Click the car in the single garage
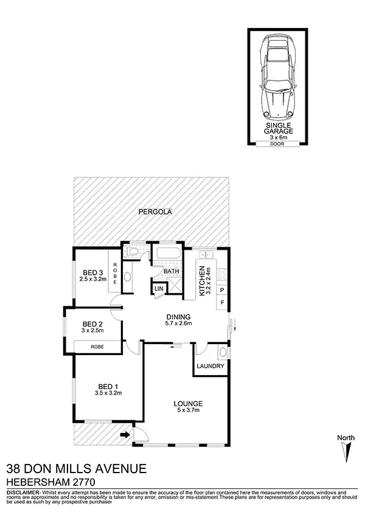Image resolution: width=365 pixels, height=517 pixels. pyautogui.click(x=277, y=77)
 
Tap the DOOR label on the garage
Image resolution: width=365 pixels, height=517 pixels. pyautogui.click(x=278, y=144)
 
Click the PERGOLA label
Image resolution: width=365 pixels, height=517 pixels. pyautogui.click(x=153, y=212)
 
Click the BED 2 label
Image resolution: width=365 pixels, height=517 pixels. pyautogui.click(x=92, y=323)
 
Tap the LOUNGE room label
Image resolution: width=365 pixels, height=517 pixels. pyautogui.click(x=188, y=404)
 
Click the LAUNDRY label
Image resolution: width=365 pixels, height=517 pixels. pyautogui.click(x=211, y=367)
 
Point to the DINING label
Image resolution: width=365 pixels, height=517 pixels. pyautogui.click(x=179, y=317)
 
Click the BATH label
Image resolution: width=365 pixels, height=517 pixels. pyautogui.click(x=170, y=272)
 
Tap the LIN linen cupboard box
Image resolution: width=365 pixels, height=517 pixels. pyautogui.click(x=159, y=289)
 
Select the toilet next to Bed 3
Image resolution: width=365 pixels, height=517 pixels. pyautogui.click(x=132, y=251)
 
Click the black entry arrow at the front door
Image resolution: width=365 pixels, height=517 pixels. pyautogui.click(x=125, y=434)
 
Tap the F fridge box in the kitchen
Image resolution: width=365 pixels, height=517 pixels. pyautogui.click(x=222, y=302)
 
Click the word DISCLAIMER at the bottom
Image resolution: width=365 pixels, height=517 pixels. pyautogui.click(x=23, y=491)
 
